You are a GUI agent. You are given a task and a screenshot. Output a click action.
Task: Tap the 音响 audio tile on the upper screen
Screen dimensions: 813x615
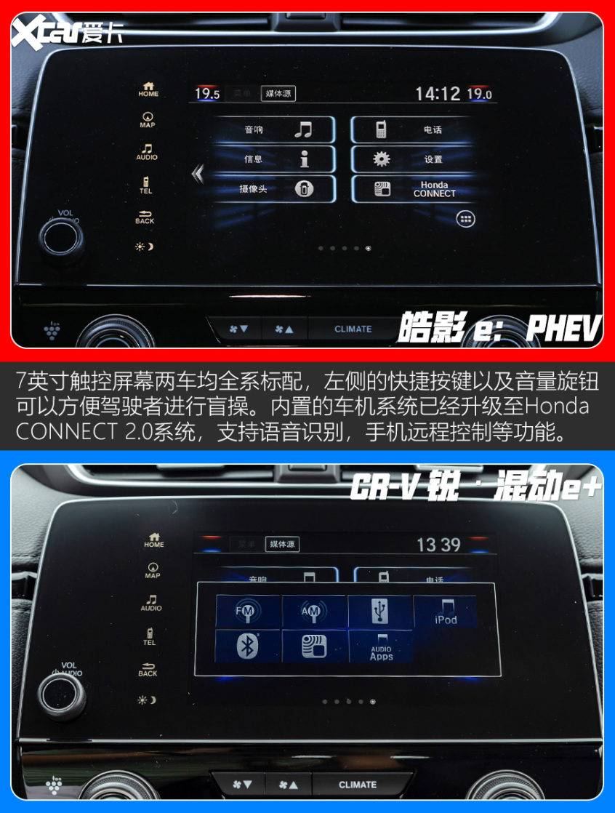275,130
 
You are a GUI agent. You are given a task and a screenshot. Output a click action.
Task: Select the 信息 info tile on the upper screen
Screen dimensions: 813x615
275,159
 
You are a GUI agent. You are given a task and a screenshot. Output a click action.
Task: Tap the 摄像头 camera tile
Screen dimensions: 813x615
275,189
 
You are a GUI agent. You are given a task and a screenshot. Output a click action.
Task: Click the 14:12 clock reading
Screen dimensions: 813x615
438,94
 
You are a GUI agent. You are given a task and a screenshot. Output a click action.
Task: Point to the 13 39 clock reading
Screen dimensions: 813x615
439,545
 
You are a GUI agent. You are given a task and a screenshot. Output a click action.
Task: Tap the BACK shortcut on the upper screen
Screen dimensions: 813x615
145,217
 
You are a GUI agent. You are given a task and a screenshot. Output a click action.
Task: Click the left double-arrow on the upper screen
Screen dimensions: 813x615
197,174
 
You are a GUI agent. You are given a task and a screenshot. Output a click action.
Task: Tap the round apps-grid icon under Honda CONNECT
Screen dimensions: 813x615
465,218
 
